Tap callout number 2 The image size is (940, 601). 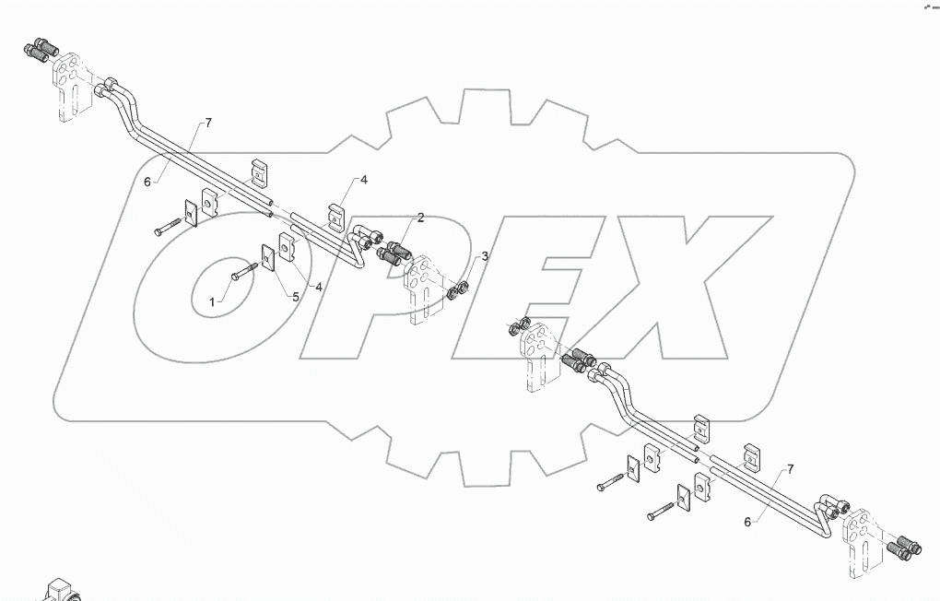coord(420,218)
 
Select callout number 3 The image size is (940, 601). coord(485,255)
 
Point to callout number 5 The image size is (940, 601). coord(296,297)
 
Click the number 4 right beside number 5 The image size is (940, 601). coord(320,288)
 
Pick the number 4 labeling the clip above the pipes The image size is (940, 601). coord(364,180)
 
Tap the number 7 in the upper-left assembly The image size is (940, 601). coord(208,123)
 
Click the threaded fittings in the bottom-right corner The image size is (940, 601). coord(904,549)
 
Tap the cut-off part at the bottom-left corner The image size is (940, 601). coord(60,590)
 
